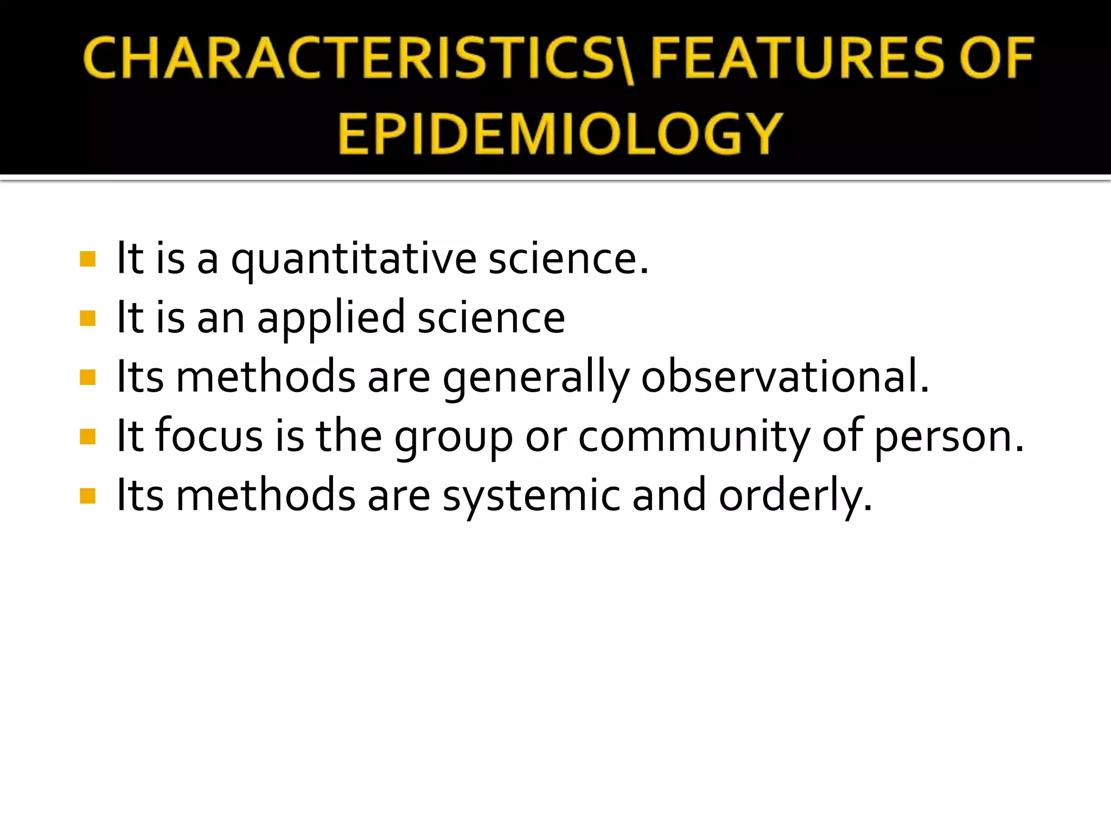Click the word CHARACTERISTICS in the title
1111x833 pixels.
pyautogui.click(x=353, y=59)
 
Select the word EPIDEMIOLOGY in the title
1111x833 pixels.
pyautogui.click(x=560, y=133)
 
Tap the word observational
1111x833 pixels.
pyautogui.click(x=784, y=376)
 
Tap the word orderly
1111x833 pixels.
pyautogui.click(x=795, y=496)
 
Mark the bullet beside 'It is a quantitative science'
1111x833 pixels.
pyautogui.click(x=87, y=259)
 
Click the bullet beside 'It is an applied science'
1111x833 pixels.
pyautogui.click(x=87, y=318)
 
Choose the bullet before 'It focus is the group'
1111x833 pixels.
pyautogui.click(x=87, y=437)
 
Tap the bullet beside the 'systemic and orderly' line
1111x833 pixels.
pyautogui.click(x=87, y=496)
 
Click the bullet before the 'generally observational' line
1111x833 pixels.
pyautogui.click(x=87, y=377)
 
